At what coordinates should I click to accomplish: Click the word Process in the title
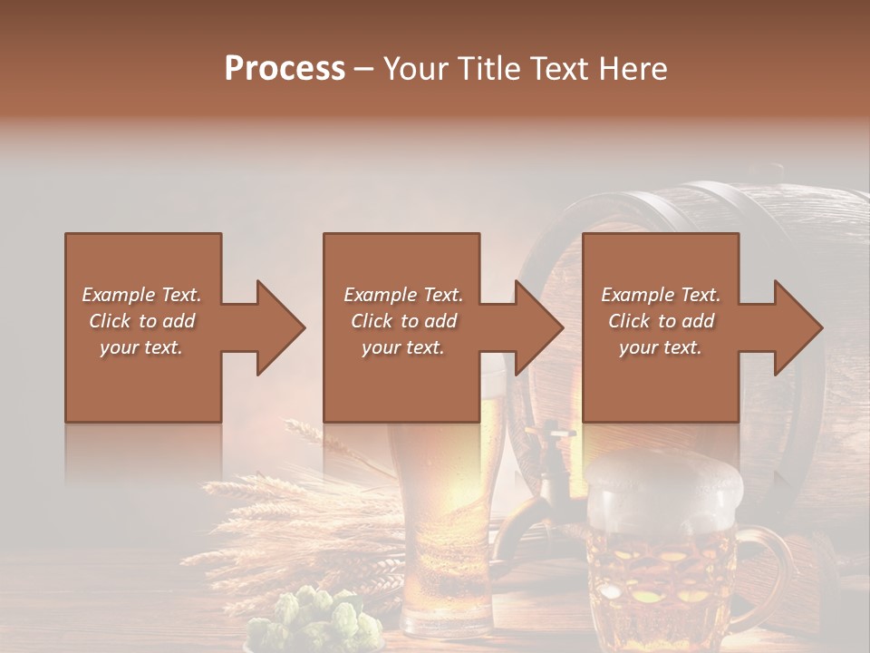(285, 69)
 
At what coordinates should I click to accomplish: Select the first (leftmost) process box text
(142, 321)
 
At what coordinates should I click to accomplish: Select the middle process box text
(403, 321)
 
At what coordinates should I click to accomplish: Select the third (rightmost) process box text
(661, 321)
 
